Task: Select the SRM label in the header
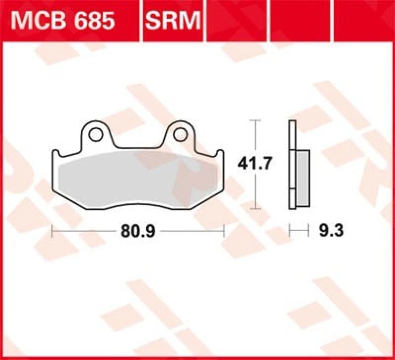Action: [173, 21]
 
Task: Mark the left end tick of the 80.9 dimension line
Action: [52, 230]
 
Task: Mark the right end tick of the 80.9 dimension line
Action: [224, 230]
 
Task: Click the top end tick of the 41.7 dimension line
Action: [255, 120]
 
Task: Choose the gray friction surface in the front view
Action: [138, 182]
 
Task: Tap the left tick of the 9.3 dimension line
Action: [289, 230]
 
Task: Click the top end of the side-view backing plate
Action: [292, 122]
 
